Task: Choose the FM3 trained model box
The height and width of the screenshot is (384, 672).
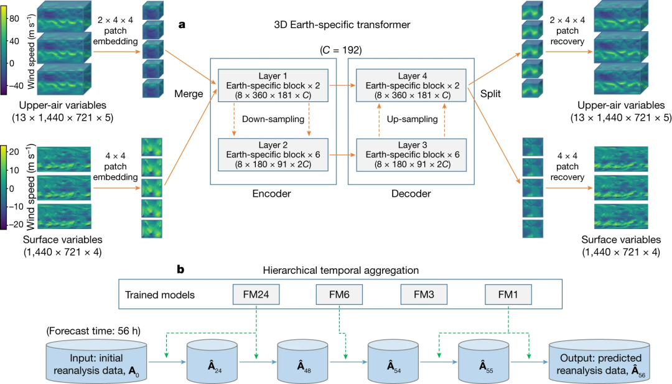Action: [x=420, y=294]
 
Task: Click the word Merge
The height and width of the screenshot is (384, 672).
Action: [x=189, y=94]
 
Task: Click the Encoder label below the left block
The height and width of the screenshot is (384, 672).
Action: [x=271, y=194]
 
